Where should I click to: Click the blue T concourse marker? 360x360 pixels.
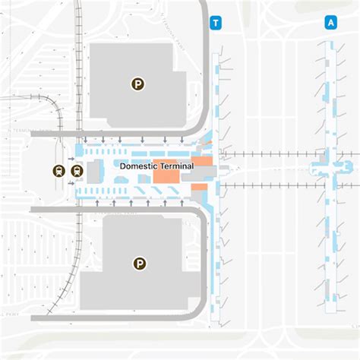click(x=216, y=23)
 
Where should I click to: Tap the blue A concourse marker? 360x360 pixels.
click(x=331, y=23)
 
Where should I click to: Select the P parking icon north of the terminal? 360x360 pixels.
click(x=137, y=84)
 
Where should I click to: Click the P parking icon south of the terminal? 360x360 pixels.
click(x=139, y=264)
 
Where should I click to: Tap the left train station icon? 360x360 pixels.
click(x=59, y=171)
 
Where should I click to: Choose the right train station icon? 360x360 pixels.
click(x=76, y=171)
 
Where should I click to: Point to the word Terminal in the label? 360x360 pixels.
click(x=175, y=166)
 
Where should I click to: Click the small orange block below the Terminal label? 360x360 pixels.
click(x=199, y=187)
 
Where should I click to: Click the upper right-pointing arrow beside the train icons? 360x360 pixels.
click(x=71, y=159)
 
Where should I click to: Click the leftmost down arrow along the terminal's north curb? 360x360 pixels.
click(x=85, y=140)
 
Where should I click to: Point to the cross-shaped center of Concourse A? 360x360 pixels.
click(x=332, y=165)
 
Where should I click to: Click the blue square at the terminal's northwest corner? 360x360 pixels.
click(x=77, y=150)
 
